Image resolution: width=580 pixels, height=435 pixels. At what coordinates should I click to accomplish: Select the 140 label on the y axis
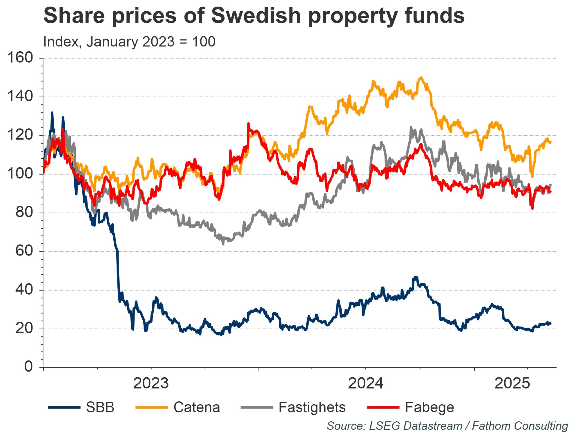click(x=20, y=97)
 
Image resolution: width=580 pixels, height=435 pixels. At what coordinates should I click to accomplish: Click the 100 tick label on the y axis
click(x=20, y=174)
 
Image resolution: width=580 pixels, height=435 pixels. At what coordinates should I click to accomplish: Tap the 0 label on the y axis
click(x=28, y=367)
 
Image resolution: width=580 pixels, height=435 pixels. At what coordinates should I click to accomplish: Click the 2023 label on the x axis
click(x=151, y=384)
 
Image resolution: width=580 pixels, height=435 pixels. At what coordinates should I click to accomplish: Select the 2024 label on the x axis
click(x=365, y=384)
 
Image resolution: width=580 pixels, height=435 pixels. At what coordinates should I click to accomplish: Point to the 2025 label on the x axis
click(x=512, y=384)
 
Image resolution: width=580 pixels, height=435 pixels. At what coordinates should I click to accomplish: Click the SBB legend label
click(x=100, y=407)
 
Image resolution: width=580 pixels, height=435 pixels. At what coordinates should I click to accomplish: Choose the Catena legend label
click(x=197, y=407)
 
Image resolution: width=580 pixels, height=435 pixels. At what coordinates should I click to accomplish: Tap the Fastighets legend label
click(x=312, y=407)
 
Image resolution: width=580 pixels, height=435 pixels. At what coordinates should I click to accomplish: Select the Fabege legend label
click(x=429, y=407)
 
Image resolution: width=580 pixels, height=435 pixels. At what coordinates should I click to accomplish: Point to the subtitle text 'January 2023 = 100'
click(x=151, y=42)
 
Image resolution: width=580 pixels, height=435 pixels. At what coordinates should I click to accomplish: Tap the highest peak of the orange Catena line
click(x=421, y=77)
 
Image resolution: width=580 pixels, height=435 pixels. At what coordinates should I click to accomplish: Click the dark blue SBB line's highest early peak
click(x=52, y=113)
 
